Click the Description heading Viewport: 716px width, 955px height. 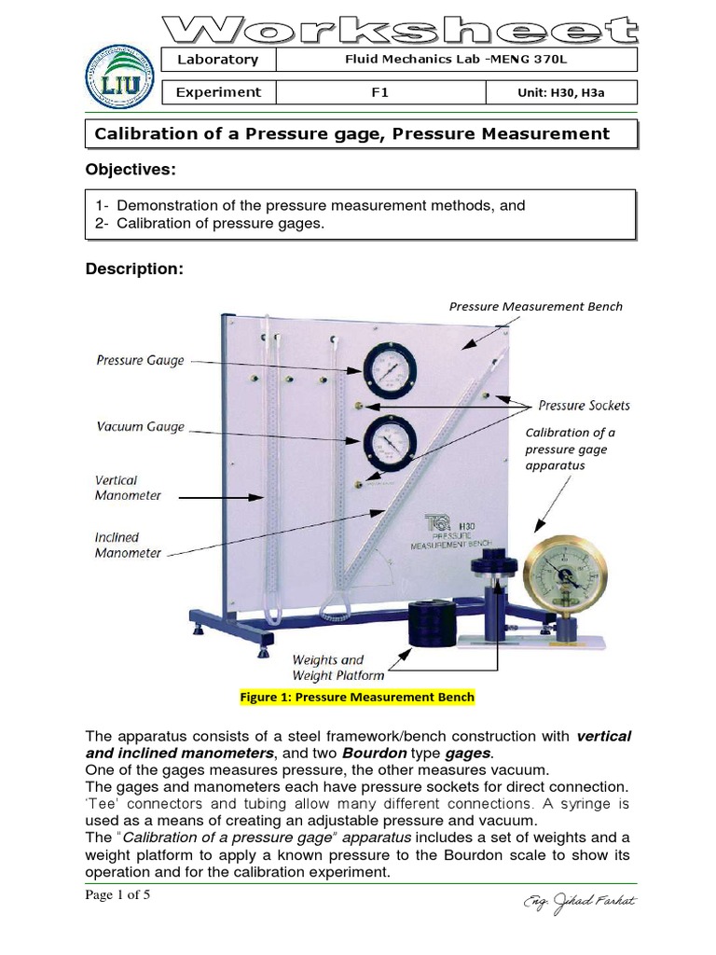135,269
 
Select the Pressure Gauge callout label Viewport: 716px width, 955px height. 140,360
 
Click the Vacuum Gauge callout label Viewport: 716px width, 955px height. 140,426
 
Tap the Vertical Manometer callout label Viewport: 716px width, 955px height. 128,488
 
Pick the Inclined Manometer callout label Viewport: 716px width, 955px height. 128,545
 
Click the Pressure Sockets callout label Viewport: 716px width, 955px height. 584,405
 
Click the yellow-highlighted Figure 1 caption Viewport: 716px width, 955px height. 357,697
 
